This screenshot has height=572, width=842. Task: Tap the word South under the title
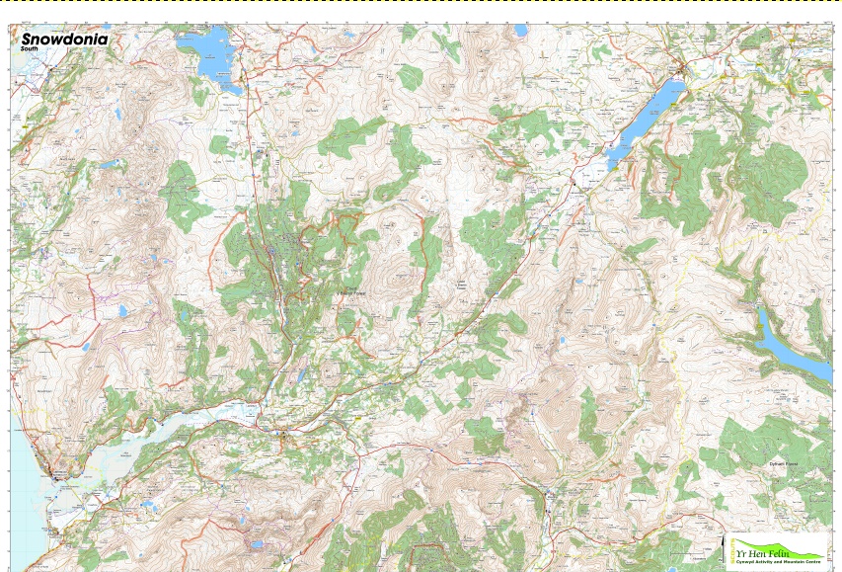(x=30, y=48)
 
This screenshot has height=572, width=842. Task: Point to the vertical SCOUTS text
(x=732, y=550)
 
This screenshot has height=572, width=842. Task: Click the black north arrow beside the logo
(x=722, y=542)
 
